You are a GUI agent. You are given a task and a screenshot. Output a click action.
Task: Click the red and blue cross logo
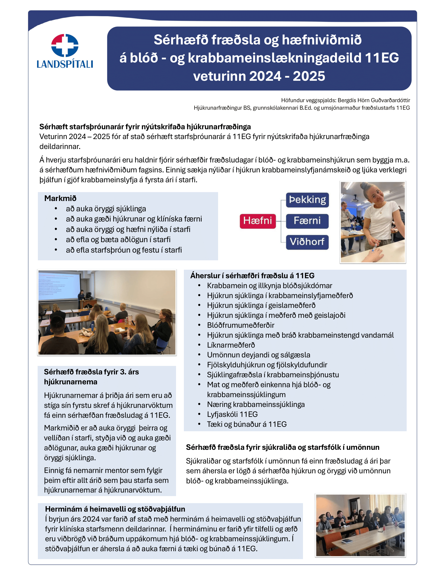[65, 45]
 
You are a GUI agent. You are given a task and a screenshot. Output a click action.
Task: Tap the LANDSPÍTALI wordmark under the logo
[65, 64]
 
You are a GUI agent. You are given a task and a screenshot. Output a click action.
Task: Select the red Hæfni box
[258, 221]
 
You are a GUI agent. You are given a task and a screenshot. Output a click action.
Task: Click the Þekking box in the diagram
[307, 200]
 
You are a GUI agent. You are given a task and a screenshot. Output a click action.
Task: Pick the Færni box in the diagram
[307, 221]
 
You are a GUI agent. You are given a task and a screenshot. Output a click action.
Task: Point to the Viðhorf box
[307, 242]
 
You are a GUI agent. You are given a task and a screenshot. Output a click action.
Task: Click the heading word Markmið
[60, 198]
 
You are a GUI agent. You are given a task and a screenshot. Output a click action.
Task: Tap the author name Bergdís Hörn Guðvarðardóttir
[374, 100]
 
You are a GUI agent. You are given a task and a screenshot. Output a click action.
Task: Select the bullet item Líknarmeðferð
[231, 345]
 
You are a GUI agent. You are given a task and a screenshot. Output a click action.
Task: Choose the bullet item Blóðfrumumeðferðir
[240, 325]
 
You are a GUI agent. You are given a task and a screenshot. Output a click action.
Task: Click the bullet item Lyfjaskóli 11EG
[232, 414]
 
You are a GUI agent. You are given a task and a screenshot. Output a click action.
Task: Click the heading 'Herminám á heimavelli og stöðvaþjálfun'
[115, 509]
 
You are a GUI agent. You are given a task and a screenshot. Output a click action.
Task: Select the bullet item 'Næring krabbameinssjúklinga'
[256, 404]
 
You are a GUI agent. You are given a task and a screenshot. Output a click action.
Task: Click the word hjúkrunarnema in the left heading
[71, 382]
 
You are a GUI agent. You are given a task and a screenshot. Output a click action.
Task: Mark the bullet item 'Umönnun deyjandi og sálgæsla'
[258, 355]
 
